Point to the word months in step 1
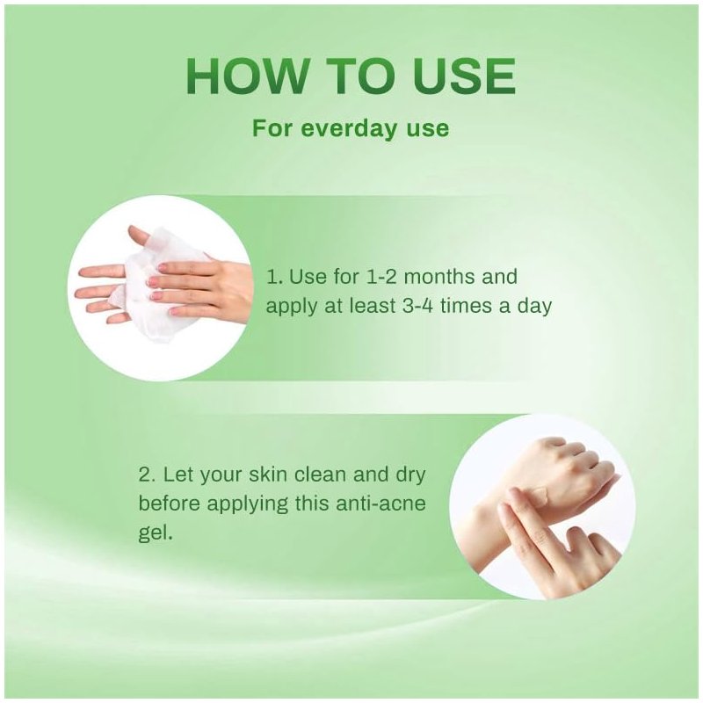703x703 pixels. (438, 276)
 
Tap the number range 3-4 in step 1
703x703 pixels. (414, 306)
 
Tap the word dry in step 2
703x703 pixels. (409, 475)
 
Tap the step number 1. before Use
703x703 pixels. (274, 276)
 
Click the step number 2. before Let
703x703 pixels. (147, 475)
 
